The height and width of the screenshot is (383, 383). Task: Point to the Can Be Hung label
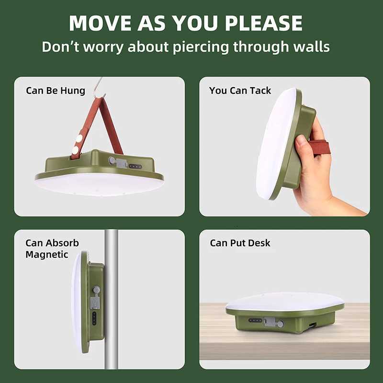pos(56,90)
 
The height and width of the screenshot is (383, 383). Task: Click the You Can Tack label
pos(240,90)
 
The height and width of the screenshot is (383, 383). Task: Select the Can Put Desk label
pos(240,243)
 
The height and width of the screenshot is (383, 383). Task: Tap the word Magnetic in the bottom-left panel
pos(47,255)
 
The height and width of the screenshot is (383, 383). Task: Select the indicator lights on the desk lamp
pos(255,320)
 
